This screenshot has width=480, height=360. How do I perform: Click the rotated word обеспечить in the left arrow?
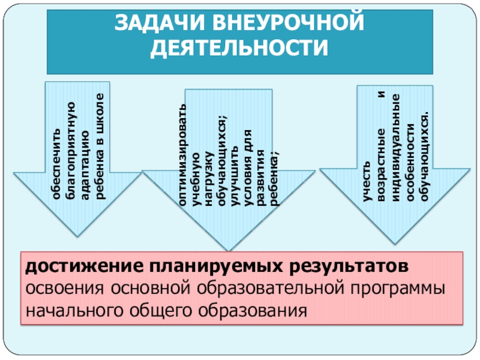coord(56,165)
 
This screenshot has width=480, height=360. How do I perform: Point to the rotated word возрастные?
coord(380,164)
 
